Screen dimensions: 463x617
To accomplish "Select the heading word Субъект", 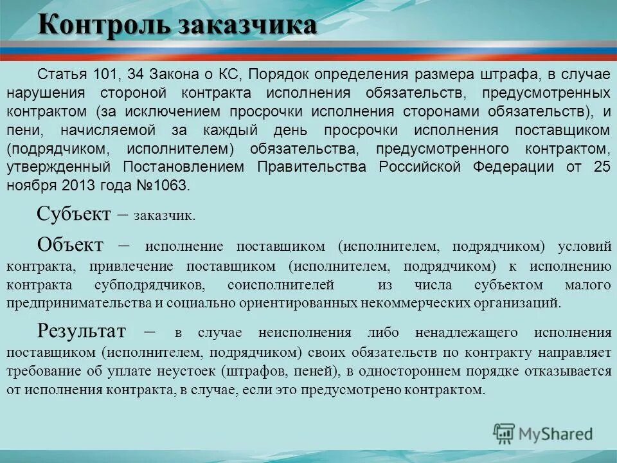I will point(74,213).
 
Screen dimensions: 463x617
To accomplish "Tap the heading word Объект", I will point(70,245).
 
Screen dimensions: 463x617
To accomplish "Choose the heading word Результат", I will point(81,331).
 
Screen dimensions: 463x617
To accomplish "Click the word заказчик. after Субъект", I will point(164,216).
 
